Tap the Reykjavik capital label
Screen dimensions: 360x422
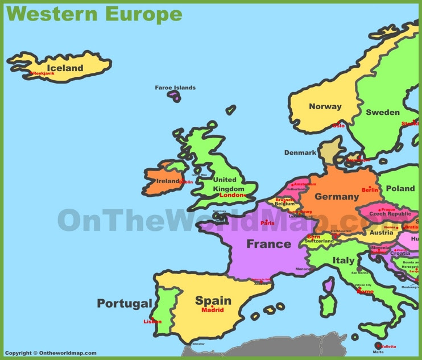(44, 74)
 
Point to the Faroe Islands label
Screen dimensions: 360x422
(175, 88)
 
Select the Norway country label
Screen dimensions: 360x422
(325, 106)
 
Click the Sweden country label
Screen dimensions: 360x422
(382, 112)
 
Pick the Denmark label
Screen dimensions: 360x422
(300, 152)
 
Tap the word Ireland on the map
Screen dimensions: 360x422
(168, 181)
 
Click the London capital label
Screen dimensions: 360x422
(231, 195)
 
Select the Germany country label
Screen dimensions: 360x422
(337, 197)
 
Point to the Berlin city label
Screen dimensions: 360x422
(370, 191)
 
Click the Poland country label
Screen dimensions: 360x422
(400, 188)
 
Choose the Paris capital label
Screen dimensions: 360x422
(267, 223)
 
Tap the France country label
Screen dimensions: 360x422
(268, 244)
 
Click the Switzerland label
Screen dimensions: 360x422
(319, 241)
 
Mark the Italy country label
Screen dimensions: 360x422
(344, 260)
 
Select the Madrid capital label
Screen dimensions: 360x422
(213, 310)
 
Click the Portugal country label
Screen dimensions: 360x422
(125, 304)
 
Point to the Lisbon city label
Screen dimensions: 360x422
(152, 321)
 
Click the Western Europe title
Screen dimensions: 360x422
(94, 14)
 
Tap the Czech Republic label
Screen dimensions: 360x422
(390, 214)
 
